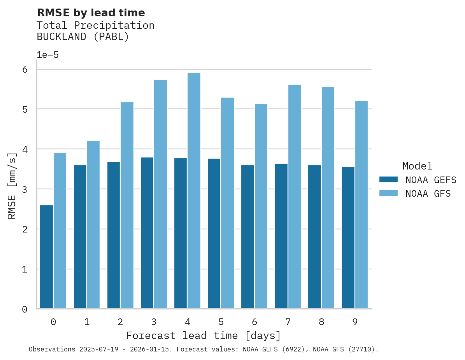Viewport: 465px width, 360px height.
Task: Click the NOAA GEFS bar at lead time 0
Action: (46, 257)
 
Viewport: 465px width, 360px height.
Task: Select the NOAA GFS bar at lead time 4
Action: (194, 191)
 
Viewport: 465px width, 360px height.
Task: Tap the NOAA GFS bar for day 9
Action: (361, 204)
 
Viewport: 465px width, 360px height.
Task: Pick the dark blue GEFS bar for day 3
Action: (147, 233)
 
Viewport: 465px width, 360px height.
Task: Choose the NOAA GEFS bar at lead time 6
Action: (247, 237)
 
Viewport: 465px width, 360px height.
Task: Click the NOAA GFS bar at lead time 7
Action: (294, 197)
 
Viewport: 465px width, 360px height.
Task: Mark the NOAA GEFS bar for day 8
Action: (314, 237)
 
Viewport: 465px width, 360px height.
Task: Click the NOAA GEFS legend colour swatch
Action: (388, 180)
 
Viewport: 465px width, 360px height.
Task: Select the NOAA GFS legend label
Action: (428, 194)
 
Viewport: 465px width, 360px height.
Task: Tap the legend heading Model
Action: (417, 166)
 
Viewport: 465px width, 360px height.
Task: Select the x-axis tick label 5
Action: (221, 322)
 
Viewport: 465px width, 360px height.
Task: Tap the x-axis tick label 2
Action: (120, 322)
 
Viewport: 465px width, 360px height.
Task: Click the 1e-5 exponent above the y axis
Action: (47, 55)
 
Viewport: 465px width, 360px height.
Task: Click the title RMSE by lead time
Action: (91, 13)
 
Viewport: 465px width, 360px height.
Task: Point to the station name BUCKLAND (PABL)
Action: (82, 37)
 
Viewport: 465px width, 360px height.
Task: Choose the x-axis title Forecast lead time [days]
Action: (203, 336)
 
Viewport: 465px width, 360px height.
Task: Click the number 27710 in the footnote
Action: (361, 350)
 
